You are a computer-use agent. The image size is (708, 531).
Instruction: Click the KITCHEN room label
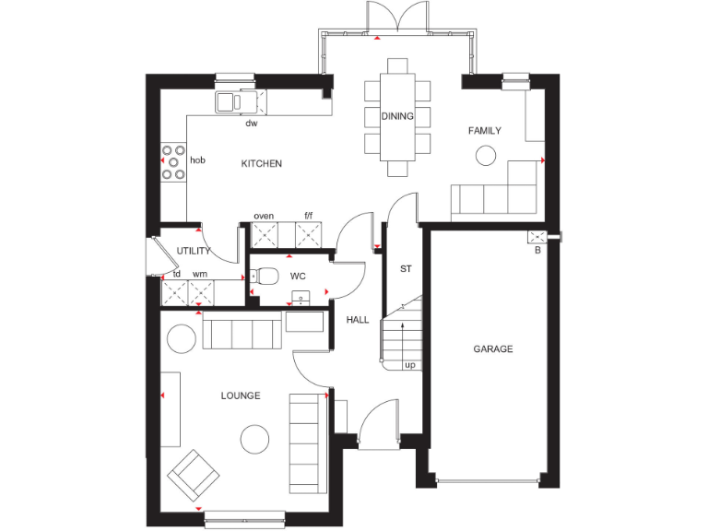(261, 164)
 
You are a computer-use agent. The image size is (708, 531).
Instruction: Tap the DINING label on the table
(397, 116)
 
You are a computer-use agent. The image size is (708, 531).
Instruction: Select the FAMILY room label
(484, 131)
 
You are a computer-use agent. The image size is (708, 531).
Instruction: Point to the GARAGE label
(493, 349)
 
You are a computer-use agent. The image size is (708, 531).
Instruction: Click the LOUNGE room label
(240, 395)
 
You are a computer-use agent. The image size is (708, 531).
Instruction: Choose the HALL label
(358, 320)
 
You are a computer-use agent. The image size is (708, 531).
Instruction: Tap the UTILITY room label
(194, 251)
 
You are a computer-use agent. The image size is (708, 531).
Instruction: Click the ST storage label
(405, 269)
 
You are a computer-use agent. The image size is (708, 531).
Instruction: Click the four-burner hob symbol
(172, 161)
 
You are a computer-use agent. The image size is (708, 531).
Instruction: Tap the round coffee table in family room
(485, 157)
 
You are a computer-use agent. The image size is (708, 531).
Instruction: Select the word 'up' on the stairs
(409, 365)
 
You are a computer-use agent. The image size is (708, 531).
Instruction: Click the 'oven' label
(264, 216)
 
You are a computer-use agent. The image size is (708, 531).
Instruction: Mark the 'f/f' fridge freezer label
(310, 216)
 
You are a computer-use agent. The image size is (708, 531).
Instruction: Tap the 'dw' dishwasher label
(251, 123)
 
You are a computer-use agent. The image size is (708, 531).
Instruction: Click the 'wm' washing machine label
(199, 274)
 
